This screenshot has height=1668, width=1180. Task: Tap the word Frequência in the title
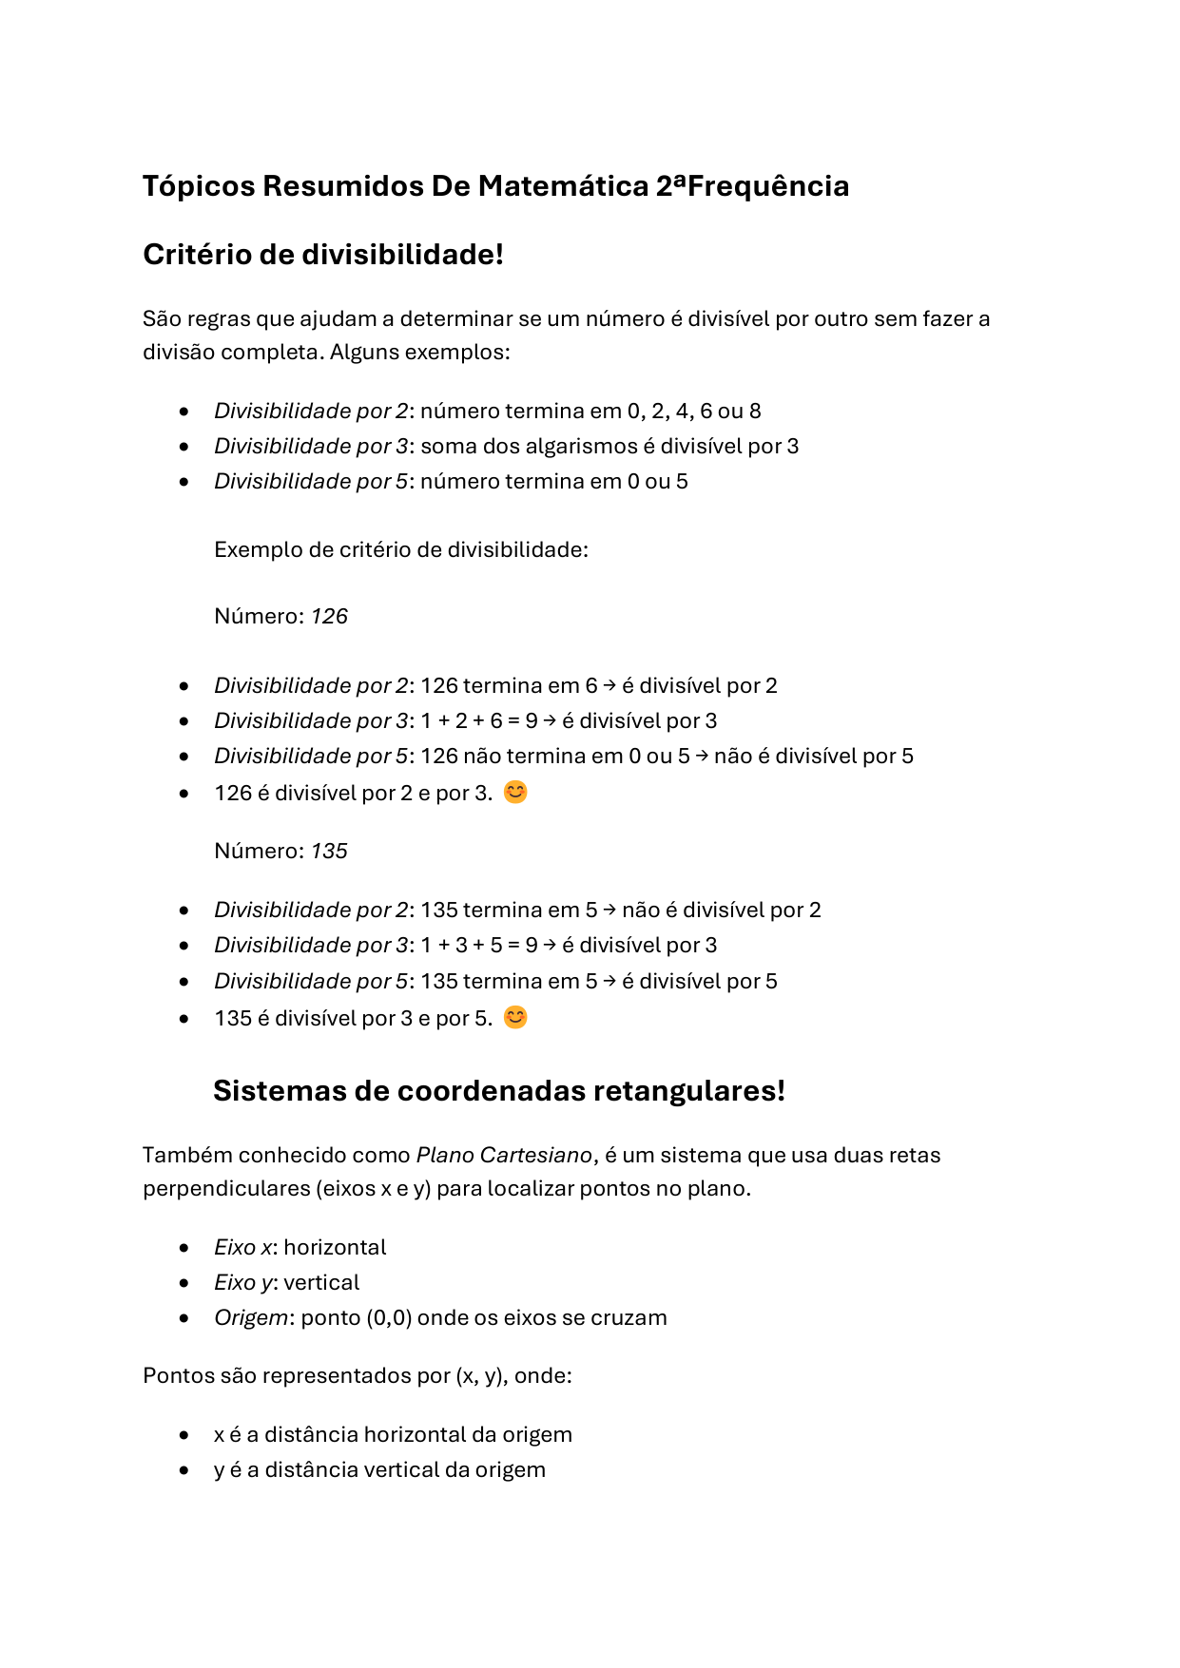click(767, 185)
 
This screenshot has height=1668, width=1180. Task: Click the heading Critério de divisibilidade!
click(322, 255)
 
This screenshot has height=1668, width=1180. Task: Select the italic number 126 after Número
click(329, 616)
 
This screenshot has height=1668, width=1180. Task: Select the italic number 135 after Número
click(329, 851)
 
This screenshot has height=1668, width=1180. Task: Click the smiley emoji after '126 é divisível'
click(514, 792)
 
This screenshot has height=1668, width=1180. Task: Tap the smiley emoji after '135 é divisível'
click(514, 1017)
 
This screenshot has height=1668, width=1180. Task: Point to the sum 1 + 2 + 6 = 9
click(479, 720)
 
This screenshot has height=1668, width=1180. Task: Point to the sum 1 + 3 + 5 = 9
click(479, 945)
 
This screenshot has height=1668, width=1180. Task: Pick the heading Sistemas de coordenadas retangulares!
click(498, 1090)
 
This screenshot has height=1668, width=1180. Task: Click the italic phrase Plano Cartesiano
click(504, 1155)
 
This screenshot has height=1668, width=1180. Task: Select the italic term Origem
click(251, 1317)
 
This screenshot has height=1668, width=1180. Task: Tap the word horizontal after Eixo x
click(335, 1247)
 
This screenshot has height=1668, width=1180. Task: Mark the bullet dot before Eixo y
click(184, 1283)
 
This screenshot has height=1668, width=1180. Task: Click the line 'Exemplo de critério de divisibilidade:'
click(400, 549)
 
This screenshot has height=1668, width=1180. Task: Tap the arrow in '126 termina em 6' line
click(609, 684)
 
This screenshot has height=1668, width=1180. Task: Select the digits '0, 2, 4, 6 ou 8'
click(693, 411)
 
